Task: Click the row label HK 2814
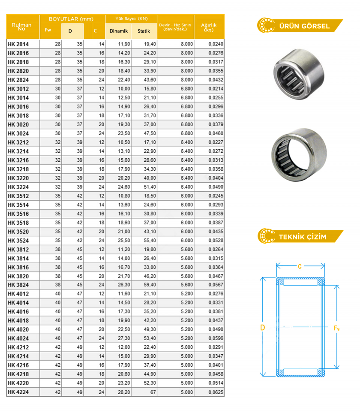[18, 44]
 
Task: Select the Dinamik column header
[118, 31]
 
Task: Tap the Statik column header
[144, 31]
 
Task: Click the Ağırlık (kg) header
[209, 27]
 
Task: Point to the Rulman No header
[21, 27]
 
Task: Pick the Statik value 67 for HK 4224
[153, 392]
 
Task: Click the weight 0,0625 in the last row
[216, 392]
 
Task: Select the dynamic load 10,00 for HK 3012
[124, 89]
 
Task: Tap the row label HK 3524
[18, 241]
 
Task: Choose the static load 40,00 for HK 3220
[150, 178]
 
